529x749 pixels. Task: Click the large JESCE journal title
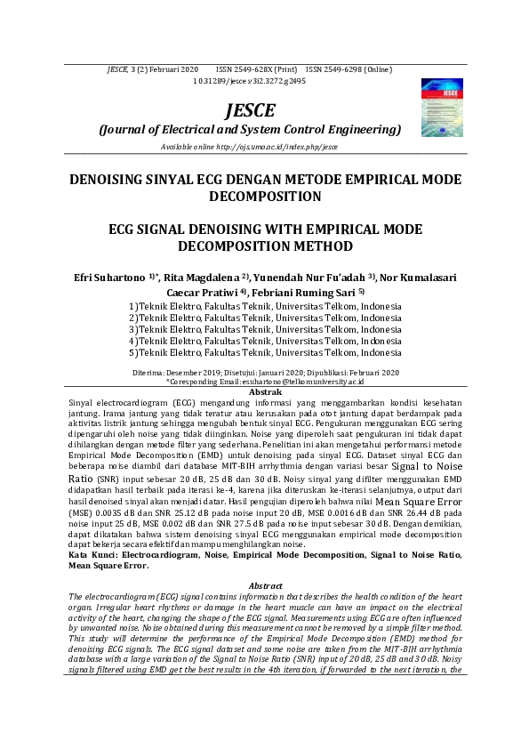click(x=250, y=109)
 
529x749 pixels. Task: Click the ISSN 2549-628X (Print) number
click(x=256, y=68)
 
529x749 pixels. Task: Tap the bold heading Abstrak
click(x=265, y=391)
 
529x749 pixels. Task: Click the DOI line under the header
click(x=250, y=80)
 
